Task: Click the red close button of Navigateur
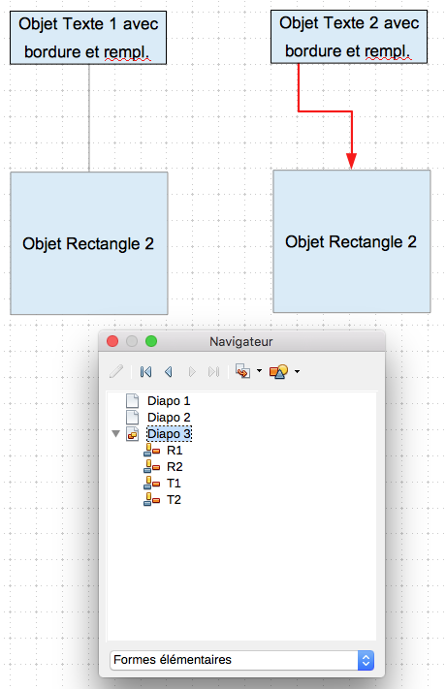tap(112, 341)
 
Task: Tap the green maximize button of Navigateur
tap(151, 341)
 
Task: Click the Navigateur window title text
tap(241, 341)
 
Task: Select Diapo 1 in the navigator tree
tap(169, 401)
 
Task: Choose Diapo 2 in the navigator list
tap(169, 417)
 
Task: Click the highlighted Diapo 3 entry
tap(169, 434)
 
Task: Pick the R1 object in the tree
tap(175, 450)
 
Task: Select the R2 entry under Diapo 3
tap(175, 467)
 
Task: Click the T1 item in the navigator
tap(174, 484)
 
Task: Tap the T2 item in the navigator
tap(174, 500)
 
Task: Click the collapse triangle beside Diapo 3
tap(116, 434)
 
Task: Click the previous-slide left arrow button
tap(168, 372)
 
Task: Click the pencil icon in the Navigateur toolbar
tap(116, 372)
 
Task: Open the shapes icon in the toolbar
tap(279, 372)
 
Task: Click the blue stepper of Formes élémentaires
tap(366, 660)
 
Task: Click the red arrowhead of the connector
tap(351, 161)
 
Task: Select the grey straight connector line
tap(89, 118)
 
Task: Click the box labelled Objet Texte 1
tap(88, 38)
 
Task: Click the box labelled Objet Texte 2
tap(349, 37)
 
